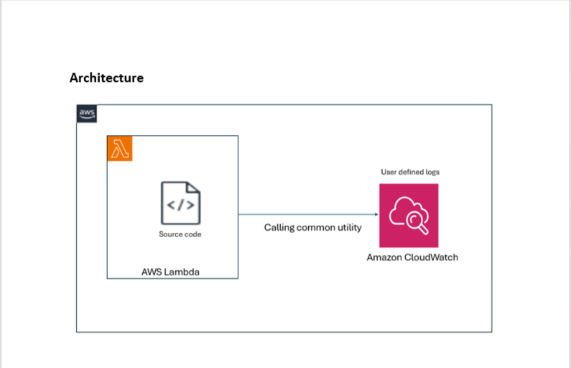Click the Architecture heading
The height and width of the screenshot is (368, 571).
coord(106,78)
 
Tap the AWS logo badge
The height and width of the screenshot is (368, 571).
coord(87,114)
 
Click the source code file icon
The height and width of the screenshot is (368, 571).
coord(180,204)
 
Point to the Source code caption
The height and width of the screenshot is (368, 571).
coord(180,234)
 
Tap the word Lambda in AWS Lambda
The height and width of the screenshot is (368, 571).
coord(185,271)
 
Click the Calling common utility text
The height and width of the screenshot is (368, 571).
coord(312,227)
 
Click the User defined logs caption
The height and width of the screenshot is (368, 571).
coord(409,172)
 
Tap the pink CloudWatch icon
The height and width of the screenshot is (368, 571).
coord(409,216)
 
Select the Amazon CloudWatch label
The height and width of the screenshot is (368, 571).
coord(412,257)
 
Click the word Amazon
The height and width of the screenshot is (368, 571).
coord(386,257)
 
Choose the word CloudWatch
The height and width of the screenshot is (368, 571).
coord(432,257)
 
